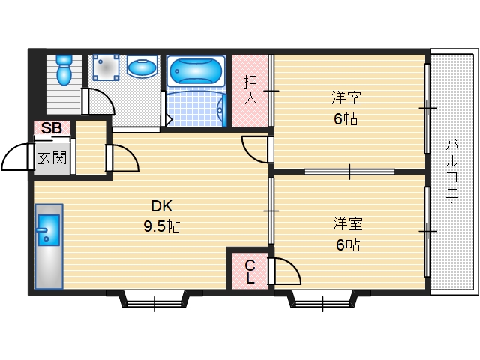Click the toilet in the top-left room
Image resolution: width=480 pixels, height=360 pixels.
(x=64, y=69)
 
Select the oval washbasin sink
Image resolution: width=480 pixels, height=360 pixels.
(x=140, y=68)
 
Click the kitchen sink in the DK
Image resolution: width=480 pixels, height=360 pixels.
(x=47, y=229)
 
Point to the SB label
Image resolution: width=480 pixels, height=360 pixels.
(x=51, y=128)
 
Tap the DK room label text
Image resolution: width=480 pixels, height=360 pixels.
(x=161, y=206)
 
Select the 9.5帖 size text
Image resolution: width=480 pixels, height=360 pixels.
(x=162, y=224)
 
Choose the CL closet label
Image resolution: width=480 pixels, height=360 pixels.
(x=250, y=271)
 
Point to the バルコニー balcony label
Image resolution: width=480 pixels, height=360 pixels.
(x=453, y=177)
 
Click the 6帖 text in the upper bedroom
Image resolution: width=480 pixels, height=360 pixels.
(x=346, y=118)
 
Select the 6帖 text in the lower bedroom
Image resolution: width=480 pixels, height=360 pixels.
(x=346, y=244)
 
